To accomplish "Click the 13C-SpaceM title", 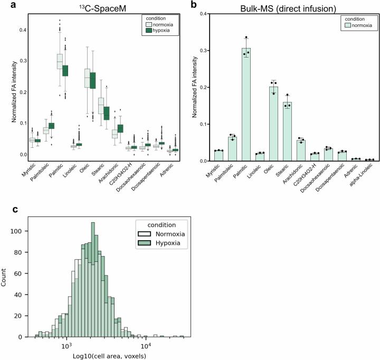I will (x=103, y=6).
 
